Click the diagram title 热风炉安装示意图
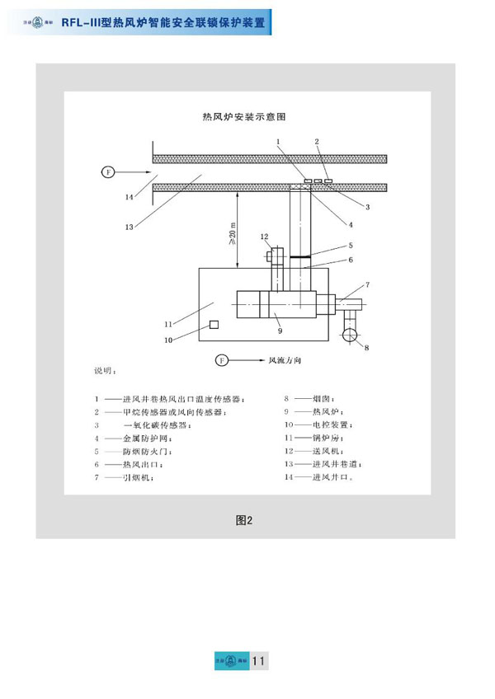coord(243,117)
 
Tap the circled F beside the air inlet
coord(107,172)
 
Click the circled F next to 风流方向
coord(220,360)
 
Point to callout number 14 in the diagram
coord(129,197)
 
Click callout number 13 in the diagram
coord(129,226)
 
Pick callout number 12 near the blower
coord(266,237)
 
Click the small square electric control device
coord(213,326)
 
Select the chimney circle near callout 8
coord(351,335)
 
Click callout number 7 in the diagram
coord(367,285)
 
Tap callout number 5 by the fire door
coord(351,245)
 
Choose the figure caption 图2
coord(243,519)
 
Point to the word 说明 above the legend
coord(105,372)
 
